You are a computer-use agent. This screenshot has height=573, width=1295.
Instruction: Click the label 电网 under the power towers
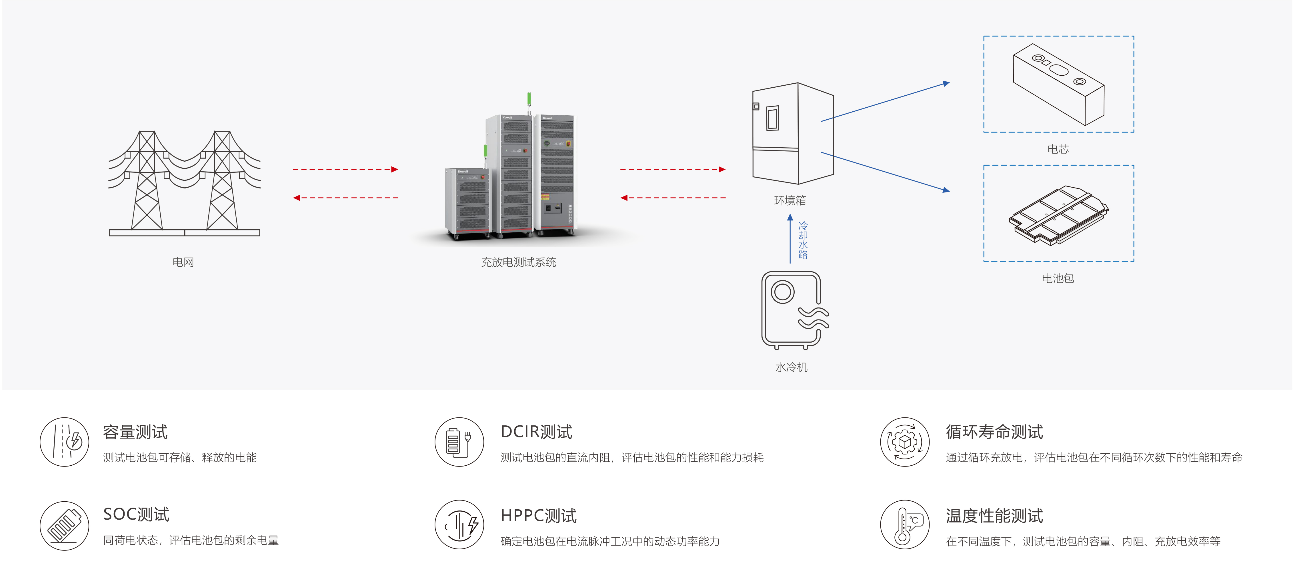pyautogui.click(x=183, y=262)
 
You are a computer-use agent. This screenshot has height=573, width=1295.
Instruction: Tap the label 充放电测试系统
pyautogui.click(x=518, y=262)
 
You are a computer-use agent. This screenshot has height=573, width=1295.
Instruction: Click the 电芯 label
pyautogui.click(x=1058, y=149)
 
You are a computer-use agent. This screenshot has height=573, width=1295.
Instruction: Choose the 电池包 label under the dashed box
pyautogui.click(x=1058, y=278)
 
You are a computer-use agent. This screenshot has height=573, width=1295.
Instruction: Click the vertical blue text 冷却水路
pyautogui.click(x=803, y=240)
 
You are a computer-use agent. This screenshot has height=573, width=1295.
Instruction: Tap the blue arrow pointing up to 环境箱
pyautogui.click(x=790, y=239)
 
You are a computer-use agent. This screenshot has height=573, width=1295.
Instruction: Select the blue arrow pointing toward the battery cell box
pyautogui.click(x=885, y=102)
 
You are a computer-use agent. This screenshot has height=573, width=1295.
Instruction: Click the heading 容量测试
pyautogui.click(x=135, y=432)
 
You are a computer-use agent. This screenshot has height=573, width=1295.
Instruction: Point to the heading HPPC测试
pyautogui.click(x=538, y=516)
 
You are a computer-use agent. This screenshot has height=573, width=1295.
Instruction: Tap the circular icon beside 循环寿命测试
pyautogui.click(x=904, y=442)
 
